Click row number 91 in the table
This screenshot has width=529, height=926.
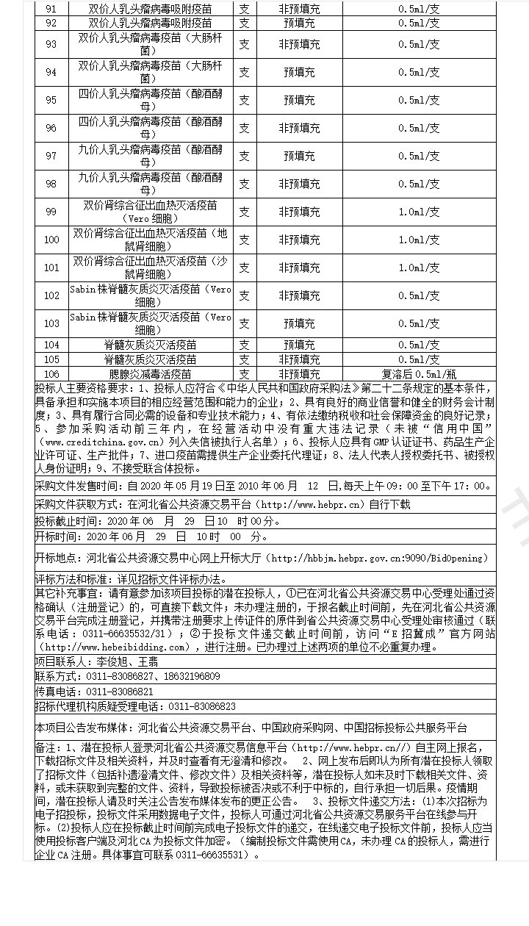pos(51,9)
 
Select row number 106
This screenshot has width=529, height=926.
pos(51,373)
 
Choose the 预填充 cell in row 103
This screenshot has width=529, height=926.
pos(299,323)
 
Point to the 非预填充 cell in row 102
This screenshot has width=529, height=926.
pos(299,295)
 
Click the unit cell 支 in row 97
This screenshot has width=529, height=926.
pos(244,156)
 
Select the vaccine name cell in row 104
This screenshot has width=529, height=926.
pos(150,345)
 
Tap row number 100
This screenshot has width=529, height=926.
pos(51,240)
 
